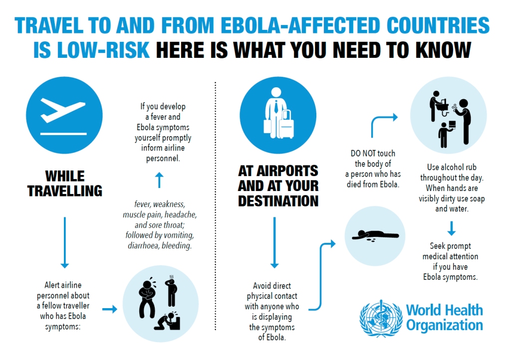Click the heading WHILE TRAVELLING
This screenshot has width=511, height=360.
click(x=65, y=183)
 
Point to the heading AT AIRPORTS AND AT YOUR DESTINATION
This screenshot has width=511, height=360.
click(x=278, y=185)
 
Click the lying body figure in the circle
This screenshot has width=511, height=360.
click(x=375, y=235)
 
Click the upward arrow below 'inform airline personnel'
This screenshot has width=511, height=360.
click(x=159, y=180)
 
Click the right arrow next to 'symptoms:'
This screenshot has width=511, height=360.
click(x=109, y=310)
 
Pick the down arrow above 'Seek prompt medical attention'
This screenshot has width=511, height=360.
click(x=451, y=228)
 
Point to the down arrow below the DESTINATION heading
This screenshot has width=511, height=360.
click(x=274, y=242)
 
